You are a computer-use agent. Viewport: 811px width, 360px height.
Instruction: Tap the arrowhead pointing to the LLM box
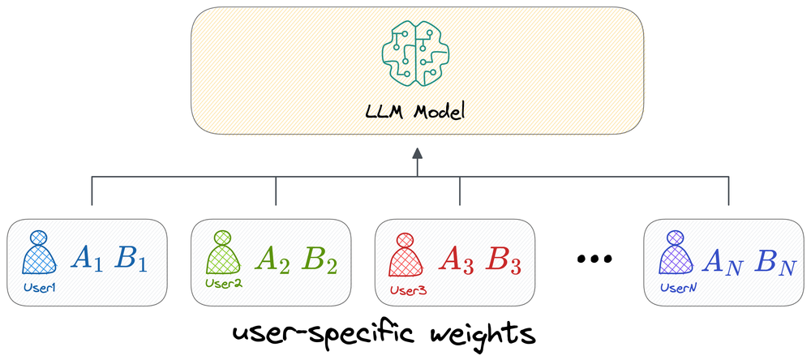(x=416, y=152)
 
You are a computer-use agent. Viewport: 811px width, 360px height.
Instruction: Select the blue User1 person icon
(x=38, y=253)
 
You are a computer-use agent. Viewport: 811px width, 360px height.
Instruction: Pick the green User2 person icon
(x=222, y=253)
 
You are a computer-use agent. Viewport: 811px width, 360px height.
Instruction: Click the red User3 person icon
(x=405, y=253)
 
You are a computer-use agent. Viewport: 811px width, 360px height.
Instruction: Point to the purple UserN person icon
(x=674, y=253)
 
